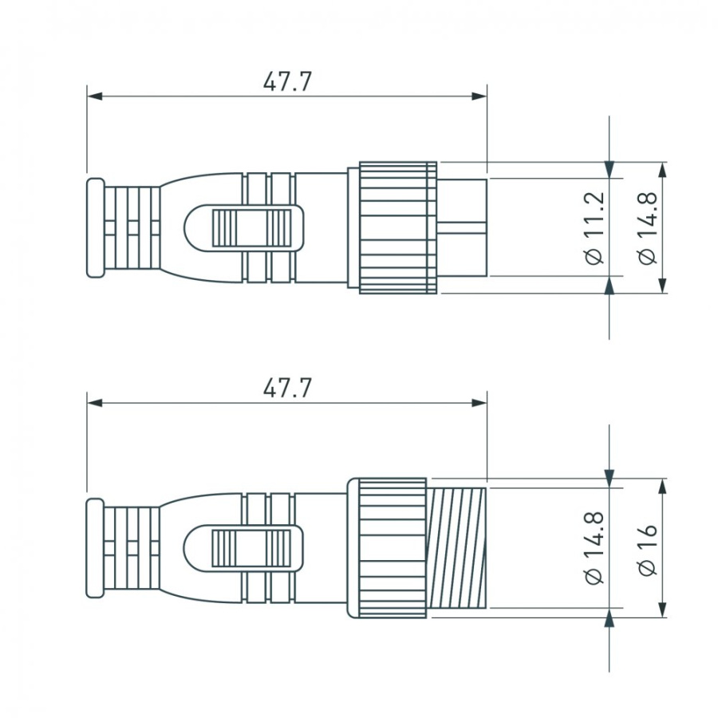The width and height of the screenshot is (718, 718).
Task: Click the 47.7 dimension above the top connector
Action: tap(287, 81)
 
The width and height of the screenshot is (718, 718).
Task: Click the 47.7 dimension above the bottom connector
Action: tap(287, 389)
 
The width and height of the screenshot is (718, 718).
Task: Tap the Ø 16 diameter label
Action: tap(648, 549)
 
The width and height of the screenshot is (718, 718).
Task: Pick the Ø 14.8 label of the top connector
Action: tap(648, 227)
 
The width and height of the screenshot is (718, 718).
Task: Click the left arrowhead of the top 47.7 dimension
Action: tap(95, 96)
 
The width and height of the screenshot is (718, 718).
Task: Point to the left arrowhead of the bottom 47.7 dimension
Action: tap(95, 403)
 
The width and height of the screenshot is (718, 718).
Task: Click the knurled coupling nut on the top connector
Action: tap(397, 227)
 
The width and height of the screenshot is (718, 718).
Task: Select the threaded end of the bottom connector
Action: tap(457, 548)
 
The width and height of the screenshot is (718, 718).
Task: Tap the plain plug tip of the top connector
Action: tap(463, 227)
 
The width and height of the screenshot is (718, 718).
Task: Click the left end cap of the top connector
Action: tap(94, 227)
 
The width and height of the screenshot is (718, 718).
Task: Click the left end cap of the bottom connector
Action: tap(94, 548)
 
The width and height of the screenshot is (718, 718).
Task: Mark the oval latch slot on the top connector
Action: tap(243, 227)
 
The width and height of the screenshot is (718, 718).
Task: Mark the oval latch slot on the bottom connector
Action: tap(243, 548)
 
